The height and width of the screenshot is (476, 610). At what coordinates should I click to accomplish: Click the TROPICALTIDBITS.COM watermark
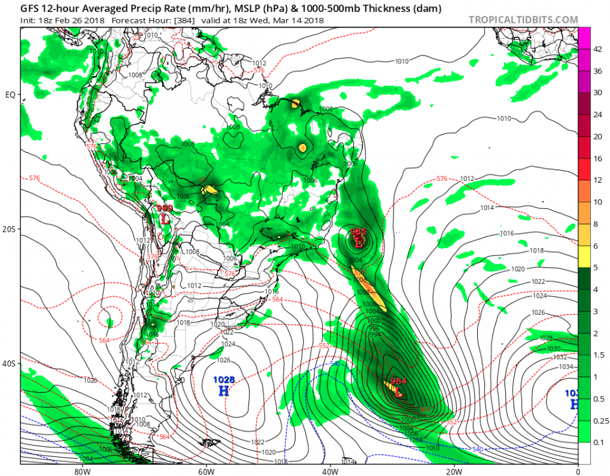click(523, 20)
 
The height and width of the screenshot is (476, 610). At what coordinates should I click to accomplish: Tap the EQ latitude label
click(10, 95)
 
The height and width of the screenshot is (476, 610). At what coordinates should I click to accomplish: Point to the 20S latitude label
click(10, 229)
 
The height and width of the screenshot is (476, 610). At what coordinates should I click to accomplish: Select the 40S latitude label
click(10, 364)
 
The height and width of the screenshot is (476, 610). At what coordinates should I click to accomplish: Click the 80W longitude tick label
click(80, 472)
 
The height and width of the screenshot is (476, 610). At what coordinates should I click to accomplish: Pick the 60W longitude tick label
click(205, 472)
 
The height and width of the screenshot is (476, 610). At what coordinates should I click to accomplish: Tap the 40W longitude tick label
click(329, 472)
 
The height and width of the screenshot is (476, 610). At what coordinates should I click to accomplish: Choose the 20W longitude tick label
click(453, 472)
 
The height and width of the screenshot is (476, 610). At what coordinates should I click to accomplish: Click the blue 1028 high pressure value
click(223, 380)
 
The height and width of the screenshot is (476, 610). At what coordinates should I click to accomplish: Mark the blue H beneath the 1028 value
click(224, 390)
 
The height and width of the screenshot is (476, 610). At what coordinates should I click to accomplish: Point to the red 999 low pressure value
click(165, 208)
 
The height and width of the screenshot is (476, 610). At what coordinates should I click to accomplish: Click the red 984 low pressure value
click(398, 381)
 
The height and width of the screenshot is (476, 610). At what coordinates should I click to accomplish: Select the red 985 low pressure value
click(358, 232)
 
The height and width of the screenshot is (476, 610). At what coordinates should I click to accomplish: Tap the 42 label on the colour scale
click(597, 49)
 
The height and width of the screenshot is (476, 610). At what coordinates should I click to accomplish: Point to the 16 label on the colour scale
click(597, 158)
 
